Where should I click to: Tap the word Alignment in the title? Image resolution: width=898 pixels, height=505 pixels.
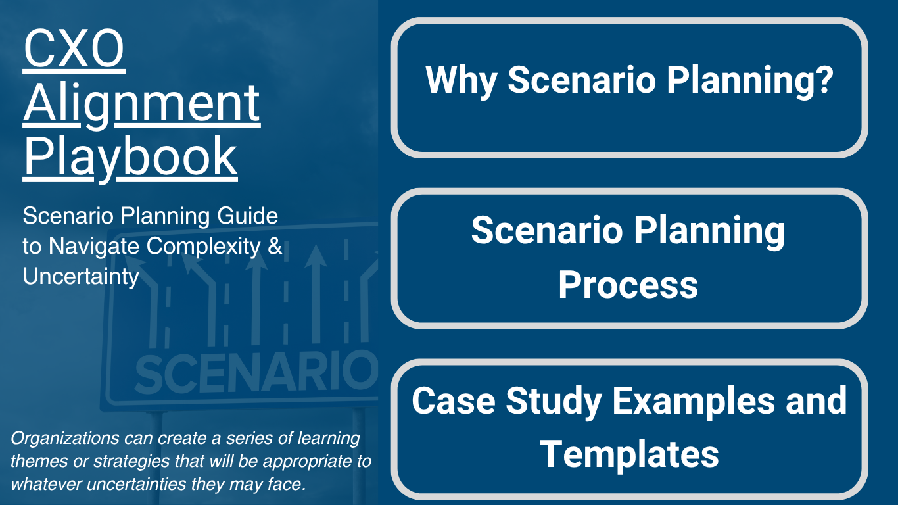[141, 104]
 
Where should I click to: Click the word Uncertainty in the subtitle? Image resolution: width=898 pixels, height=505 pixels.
[81, 276]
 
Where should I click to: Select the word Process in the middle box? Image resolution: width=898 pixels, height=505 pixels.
[628, 285]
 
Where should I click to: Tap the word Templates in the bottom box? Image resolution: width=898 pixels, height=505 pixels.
[629, 454]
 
